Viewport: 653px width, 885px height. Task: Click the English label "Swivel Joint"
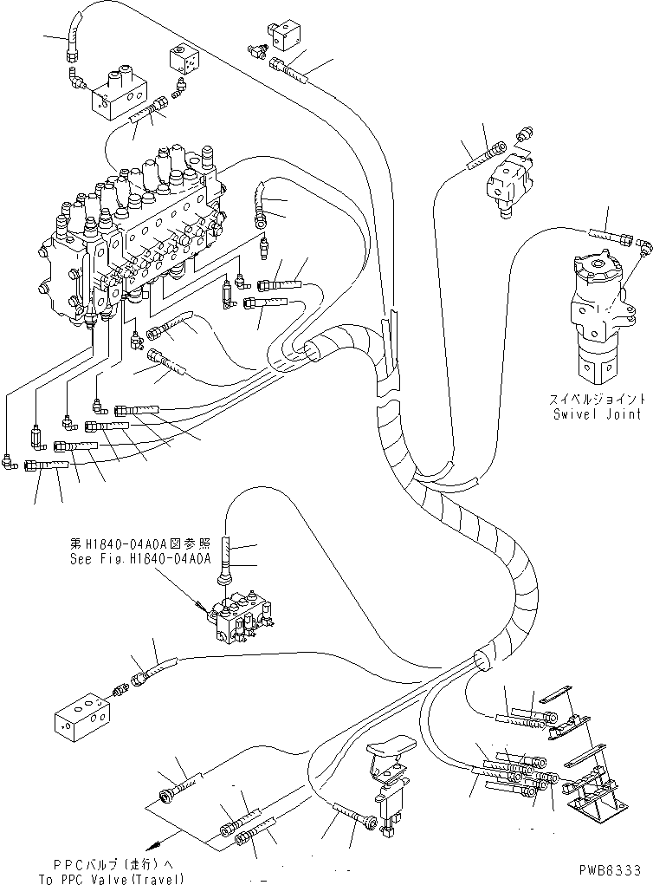coord(598,414)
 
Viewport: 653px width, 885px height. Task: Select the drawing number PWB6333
coord(611,869)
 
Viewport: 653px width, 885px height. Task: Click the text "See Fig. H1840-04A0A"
coord(140,559)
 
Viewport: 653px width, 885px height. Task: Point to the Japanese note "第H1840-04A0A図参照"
coord(140,545)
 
